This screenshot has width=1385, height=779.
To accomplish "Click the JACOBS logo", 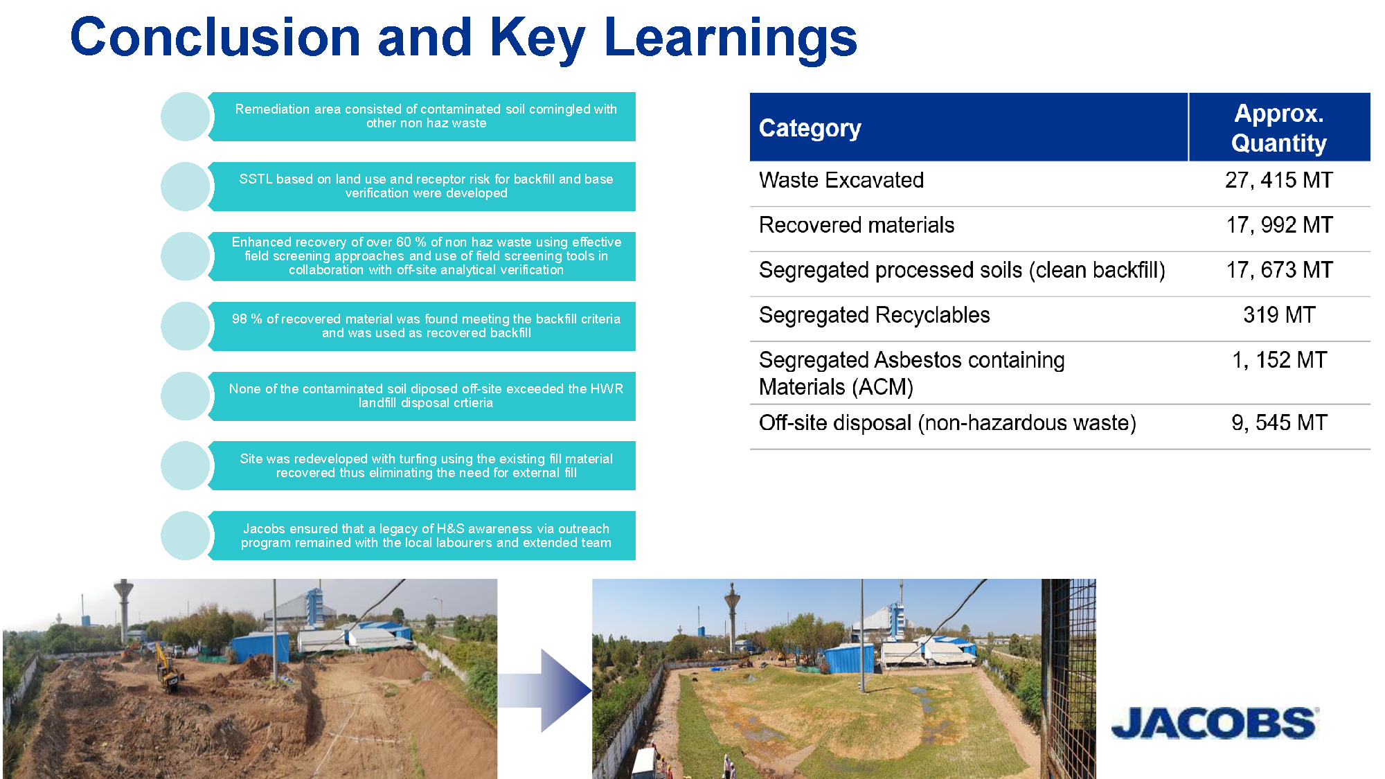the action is click(1215, 723).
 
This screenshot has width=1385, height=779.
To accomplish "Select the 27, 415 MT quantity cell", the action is click(1278, 180).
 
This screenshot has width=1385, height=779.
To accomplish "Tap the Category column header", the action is click(810, 128).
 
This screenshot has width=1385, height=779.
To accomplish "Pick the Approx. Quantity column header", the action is click(1278, 127).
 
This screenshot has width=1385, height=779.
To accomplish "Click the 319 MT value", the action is click(1279, 315).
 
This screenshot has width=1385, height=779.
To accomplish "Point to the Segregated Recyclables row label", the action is click(874, 315).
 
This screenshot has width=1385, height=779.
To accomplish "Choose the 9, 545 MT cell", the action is click(1279, 422).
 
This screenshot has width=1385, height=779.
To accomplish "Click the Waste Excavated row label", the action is click(841, 180).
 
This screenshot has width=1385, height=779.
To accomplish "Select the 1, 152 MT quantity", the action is click(1279, 360).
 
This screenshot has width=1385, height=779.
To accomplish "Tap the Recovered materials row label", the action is click(857, 225).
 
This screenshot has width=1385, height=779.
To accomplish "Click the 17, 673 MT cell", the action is click(1279, 270).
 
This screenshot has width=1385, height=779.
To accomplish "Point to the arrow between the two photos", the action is click(544, 690).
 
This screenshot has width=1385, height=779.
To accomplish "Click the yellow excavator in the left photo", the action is click(168, 668).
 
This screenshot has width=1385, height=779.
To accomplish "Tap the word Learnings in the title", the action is click(731, 39).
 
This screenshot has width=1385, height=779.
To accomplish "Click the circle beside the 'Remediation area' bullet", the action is click(185, 116).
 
